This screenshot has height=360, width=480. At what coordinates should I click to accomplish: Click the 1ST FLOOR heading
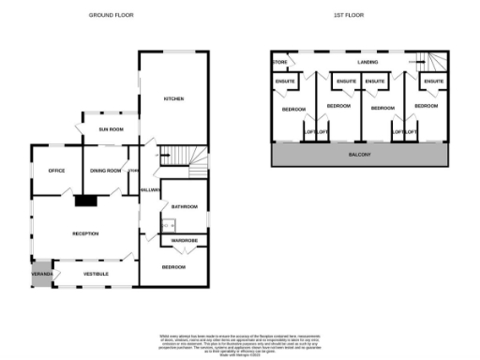coord(348,16)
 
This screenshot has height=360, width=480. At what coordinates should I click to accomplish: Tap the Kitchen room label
coord(173,98)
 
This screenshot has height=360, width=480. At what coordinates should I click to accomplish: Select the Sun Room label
coord(112,128)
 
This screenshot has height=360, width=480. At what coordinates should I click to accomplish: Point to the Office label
coord(56,170)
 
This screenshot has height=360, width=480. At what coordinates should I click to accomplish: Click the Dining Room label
coord(106,170)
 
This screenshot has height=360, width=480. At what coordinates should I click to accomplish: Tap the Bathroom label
coord(184,206)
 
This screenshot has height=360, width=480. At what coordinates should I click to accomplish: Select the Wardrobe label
coord(183,242)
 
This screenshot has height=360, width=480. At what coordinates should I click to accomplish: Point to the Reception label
coord(86,232)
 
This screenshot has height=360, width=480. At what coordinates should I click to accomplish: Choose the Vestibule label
coord(97,273)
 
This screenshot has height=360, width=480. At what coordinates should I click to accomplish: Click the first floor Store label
coord(280,63)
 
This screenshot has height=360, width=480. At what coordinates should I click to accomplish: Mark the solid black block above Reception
coord(86,199)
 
